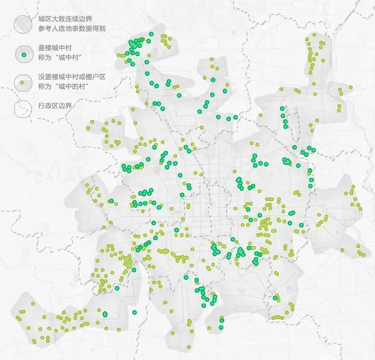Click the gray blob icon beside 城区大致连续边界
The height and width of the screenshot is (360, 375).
[x=23, y=24]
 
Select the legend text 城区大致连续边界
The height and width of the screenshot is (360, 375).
[x=65, y=19]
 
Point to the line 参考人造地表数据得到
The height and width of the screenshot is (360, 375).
[x=72, y=28]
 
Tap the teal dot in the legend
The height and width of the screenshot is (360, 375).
[x=24, y=55]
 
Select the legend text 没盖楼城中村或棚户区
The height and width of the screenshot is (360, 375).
[x=72, y=77]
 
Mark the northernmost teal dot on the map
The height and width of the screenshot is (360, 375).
[x=151, y=34]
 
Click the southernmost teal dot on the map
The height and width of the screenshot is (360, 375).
[x=221, y=327]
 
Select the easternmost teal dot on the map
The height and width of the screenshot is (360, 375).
[x=314, y=150]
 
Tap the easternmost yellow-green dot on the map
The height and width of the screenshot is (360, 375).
[x=364, y=255]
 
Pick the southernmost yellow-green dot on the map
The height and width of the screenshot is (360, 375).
[x=189, y=347]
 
